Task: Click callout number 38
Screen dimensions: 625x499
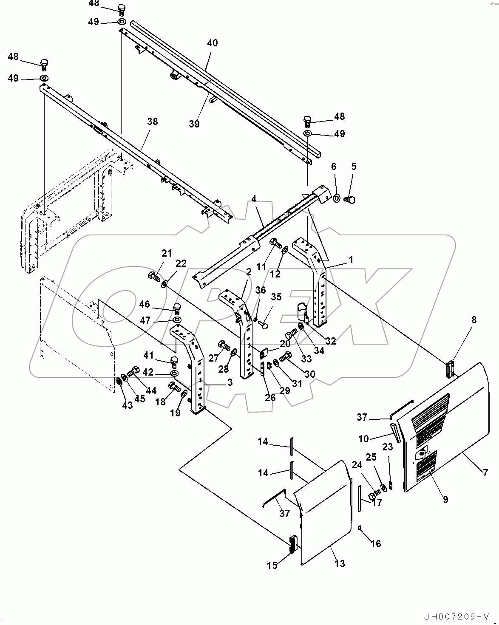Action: [152, 122]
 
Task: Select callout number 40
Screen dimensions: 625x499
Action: [212, 43]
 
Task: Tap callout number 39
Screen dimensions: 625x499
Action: [194, 124]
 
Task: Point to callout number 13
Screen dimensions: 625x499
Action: [339, 564]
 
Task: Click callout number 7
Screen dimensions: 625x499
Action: [485, 472]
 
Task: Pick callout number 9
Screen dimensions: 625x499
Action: [445, 500]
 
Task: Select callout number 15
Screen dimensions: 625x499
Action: [272, 565]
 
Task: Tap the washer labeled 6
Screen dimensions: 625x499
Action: [336, 198]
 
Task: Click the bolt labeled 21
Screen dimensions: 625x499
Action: [154, 277]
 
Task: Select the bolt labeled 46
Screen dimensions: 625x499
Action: [178, 307]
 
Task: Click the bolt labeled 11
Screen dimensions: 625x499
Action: [276, 243]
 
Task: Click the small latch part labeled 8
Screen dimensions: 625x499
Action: [451, 368]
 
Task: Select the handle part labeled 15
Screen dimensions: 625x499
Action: [292, 544]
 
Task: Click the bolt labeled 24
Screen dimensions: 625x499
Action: [372, 495]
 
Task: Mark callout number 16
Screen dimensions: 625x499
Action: [375, 543]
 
